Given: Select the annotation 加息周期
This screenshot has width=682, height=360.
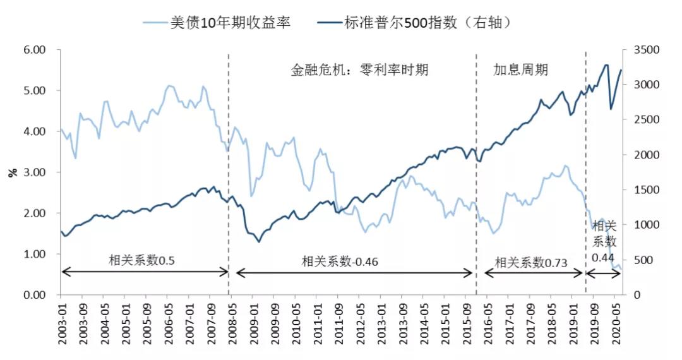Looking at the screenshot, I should [520, 69].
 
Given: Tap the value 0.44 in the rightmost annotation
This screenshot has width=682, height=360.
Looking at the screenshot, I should [604, 258].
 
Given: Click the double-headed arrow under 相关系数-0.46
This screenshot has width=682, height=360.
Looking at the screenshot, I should [354, 273].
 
